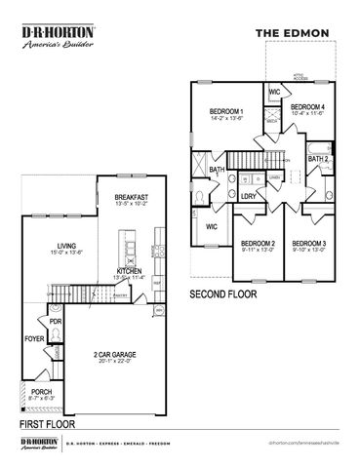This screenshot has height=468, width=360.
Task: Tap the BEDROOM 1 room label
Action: coord(226,112)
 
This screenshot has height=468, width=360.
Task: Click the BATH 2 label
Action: coord(319,157)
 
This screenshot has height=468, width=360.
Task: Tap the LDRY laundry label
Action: coord(249,195)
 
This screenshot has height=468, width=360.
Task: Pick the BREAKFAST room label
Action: coord(130,197)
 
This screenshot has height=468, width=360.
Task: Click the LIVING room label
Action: coord(67,247)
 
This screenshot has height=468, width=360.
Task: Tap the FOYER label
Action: coord(34,339)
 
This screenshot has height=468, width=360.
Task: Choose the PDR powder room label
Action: coord(55,320)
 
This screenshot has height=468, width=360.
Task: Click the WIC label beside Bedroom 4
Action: coord(274,93)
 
